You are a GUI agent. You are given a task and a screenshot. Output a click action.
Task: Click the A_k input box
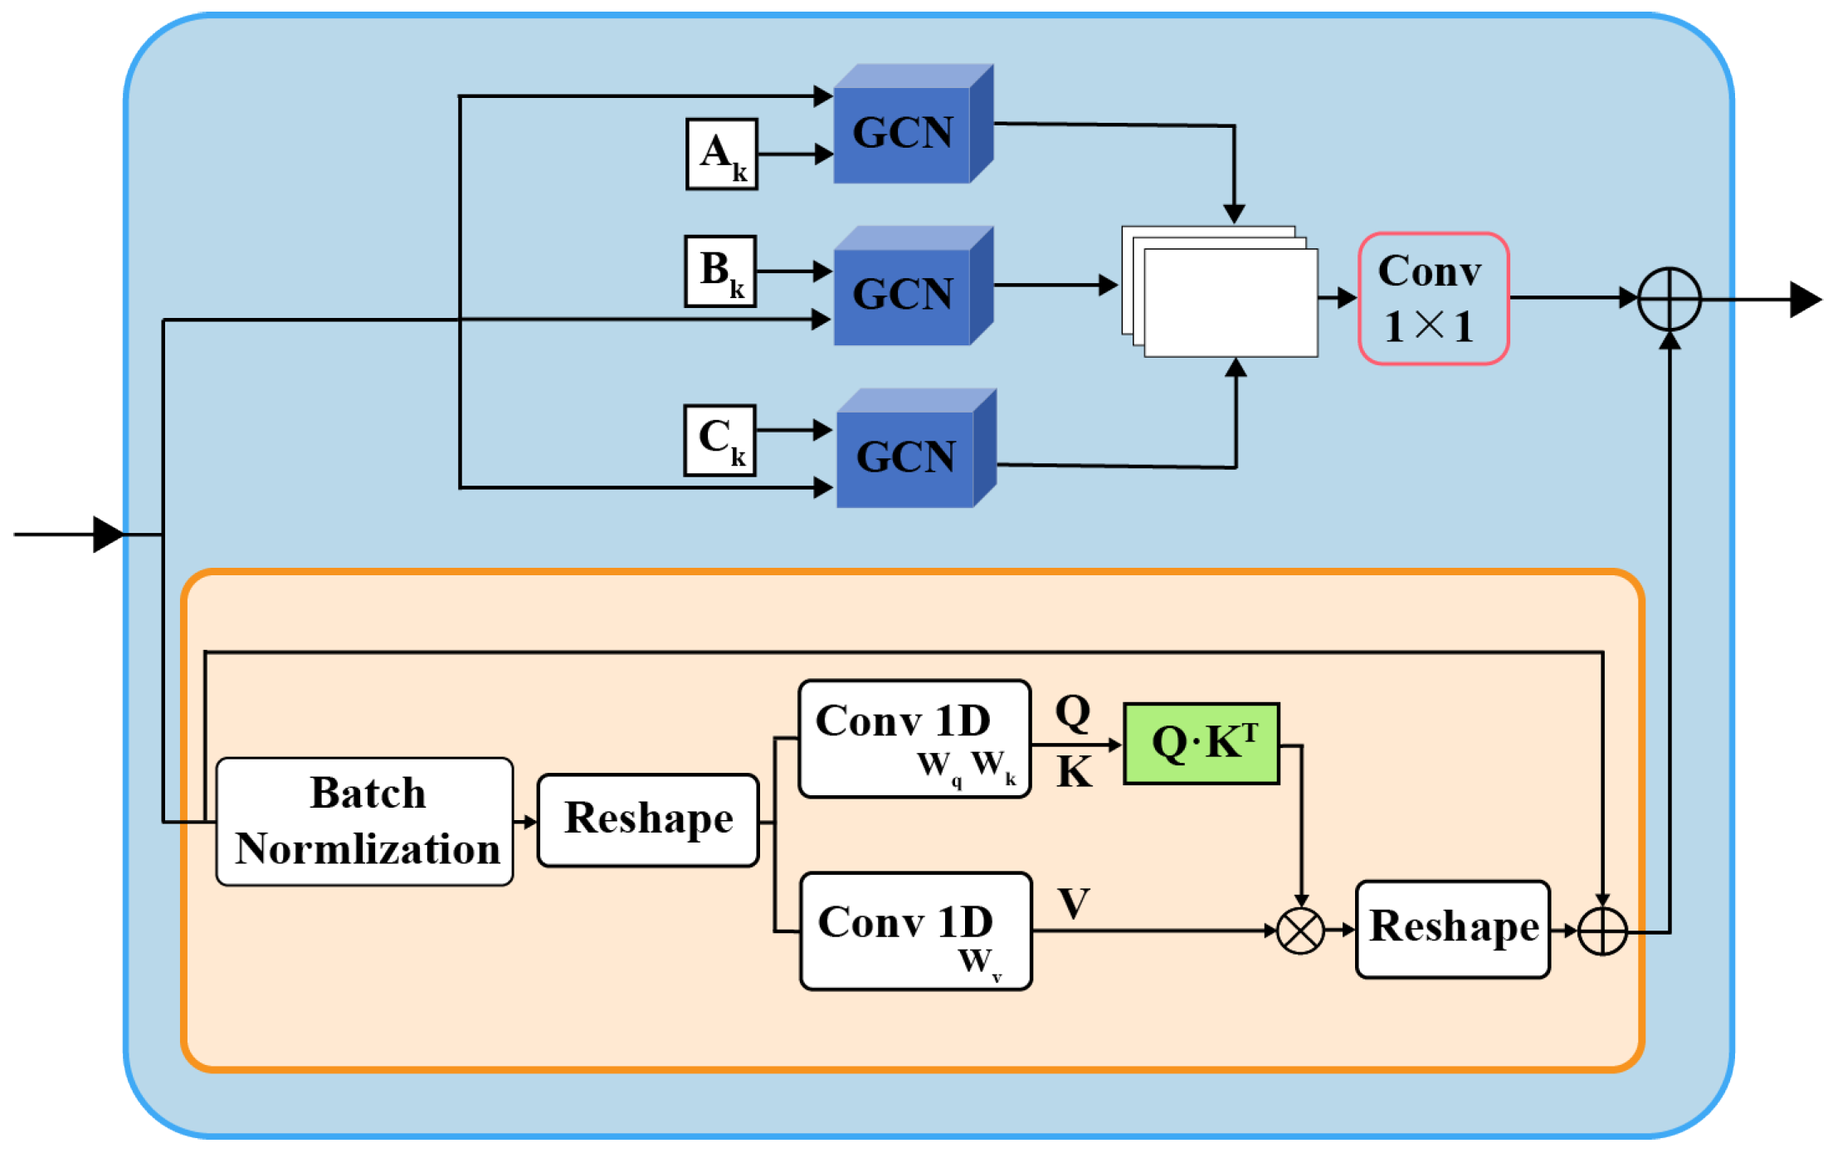point(721,154)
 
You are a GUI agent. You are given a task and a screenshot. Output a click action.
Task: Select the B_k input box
point(720,271)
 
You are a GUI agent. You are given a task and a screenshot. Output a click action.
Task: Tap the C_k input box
point(719,440)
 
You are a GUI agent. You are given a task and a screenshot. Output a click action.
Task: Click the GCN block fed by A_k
point(913,124)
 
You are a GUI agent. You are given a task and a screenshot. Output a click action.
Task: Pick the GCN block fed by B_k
point(913,286)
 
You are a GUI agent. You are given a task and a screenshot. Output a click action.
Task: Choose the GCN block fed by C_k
point(916,448)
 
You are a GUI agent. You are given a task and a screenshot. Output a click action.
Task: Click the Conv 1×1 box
point(1433,298)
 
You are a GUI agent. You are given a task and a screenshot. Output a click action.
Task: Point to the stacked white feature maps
point(1220,291)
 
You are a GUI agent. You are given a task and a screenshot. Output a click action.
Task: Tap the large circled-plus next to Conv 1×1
point(1670,299)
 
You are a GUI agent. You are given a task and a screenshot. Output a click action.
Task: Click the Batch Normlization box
point(364,821)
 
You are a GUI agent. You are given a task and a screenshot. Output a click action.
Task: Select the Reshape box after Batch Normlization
point(648,820)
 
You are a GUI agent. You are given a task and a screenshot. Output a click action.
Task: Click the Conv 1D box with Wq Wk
point(914,739)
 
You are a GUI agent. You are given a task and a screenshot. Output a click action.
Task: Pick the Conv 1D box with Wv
point(916,931)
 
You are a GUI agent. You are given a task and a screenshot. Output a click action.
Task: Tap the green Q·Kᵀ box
point(1201,744)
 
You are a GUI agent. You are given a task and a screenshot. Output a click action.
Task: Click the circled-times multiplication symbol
point(1300,931)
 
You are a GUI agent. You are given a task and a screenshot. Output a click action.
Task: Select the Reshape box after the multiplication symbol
point(1453,929)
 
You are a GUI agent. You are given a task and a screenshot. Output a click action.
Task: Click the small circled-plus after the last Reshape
point(1602,931)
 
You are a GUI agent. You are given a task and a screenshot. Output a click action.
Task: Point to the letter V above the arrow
point(1074,903)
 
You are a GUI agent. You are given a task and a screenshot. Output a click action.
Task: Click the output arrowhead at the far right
point(1806,300)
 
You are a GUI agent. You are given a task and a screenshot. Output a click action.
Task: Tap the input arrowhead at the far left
point(109,534)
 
